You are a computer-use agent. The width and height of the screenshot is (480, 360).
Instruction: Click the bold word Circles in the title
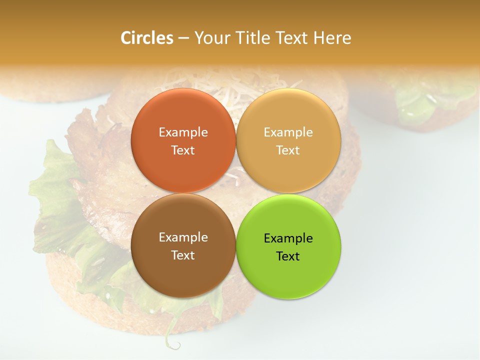coord(147,38)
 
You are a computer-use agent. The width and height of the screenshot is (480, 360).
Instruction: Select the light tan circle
coord(288,112)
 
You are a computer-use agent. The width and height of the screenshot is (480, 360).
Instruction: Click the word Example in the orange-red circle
coord(183,132)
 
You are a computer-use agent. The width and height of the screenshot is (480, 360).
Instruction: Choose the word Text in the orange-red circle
coord(183,150)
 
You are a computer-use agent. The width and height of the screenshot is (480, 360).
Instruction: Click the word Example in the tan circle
coord(288,132)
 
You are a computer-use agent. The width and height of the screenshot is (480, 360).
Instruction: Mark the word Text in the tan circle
coord(288,150)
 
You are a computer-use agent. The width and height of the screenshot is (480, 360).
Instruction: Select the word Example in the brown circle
coord(183,237)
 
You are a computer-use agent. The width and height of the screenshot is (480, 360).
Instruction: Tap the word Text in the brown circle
coord(183,255)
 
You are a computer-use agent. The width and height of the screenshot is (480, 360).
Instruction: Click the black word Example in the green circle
coord(288,238)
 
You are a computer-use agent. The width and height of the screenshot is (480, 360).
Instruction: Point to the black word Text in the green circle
coord(288,256)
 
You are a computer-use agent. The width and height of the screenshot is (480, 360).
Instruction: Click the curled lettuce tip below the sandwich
coord(172,344)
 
